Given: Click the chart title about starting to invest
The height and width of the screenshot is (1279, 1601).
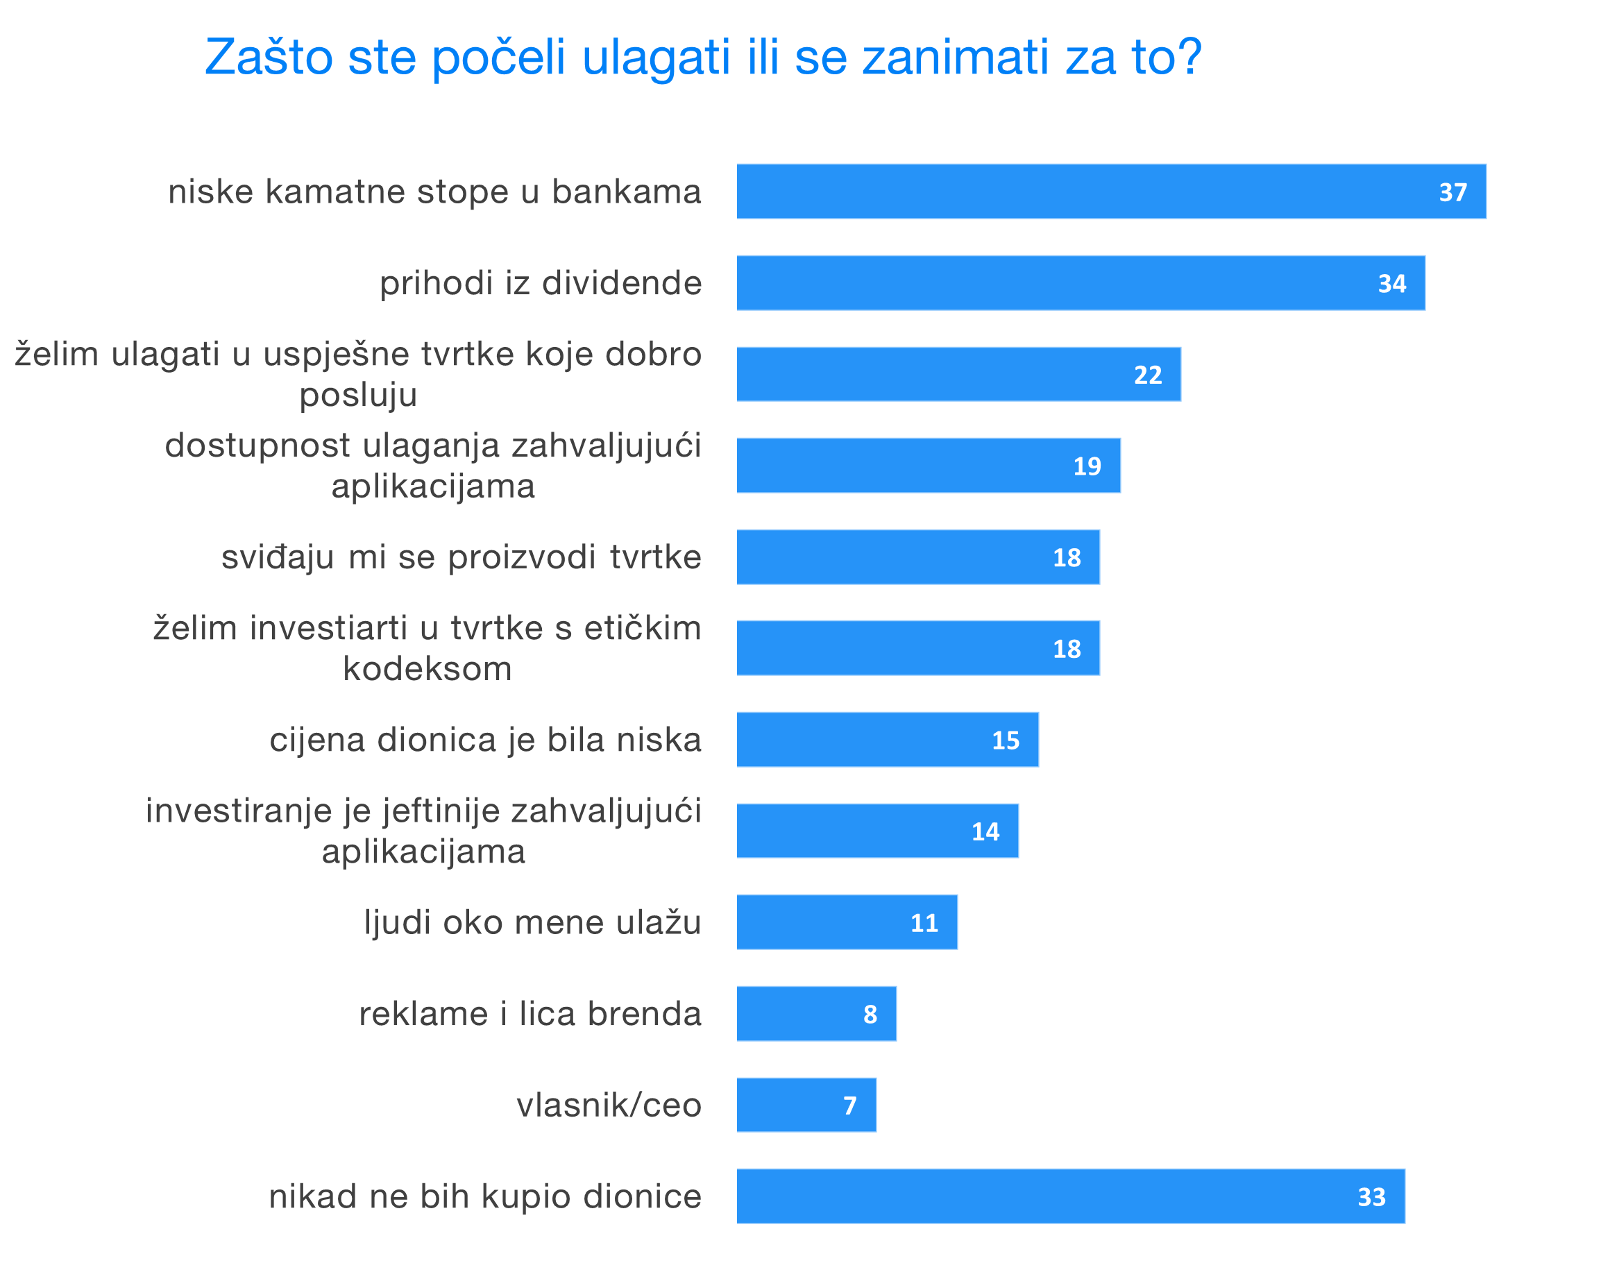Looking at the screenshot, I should click(x=702, y=57).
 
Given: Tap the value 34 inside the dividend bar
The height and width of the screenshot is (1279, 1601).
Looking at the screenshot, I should click(x=1391, y=284).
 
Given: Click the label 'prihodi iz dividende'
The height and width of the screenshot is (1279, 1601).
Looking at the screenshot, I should click(x=541, y=283).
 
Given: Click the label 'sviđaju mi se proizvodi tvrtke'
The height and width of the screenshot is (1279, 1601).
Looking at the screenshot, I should click(x=461, y=557).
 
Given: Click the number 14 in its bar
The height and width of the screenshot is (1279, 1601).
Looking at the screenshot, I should click(x=985, y=832).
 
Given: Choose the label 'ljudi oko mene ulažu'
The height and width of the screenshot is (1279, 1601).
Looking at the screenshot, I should click(x=532, y=922).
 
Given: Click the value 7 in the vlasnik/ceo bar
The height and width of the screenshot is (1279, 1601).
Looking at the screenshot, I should click(x=850, y=1106).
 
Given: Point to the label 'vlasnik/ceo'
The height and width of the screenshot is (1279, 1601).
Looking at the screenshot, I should click(x=609, y=1106).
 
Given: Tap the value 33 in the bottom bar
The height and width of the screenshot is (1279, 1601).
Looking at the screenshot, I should click(x=1371, y=1197).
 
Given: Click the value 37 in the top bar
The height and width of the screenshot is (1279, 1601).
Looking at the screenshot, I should click(x=1453, y=192).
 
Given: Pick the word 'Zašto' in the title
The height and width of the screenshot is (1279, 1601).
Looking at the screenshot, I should click(x=268, y=57).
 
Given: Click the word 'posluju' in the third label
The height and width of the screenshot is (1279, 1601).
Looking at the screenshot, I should click(x=358, y=395).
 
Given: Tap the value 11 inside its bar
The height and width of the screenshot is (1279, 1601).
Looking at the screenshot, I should click(x=924, y=923).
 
